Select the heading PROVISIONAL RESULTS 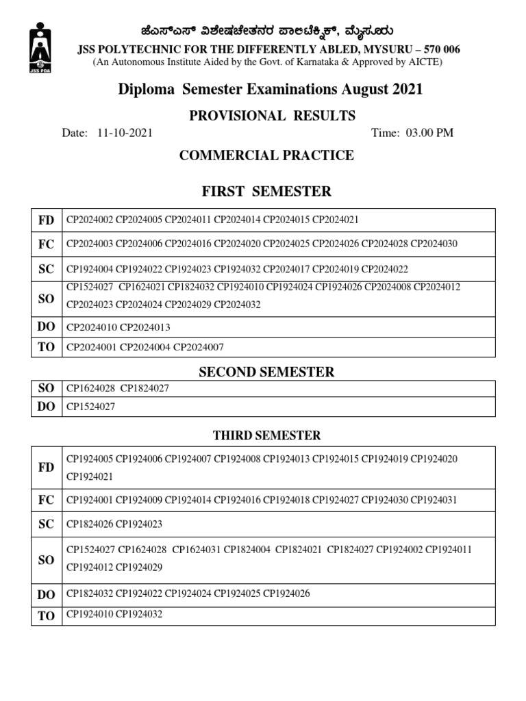point(272,116)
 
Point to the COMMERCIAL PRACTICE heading point(266,155)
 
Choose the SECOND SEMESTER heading point(266,372)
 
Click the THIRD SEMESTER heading point(266,435)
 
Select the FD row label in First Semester point(46,220)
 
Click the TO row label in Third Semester point(46,615)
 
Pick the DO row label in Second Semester point(46,407)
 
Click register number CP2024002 point(90,220)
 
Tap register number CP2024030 point(434,244)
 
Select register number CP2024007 point(199,347)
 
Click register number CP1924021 point(90,476)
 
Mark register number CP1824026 point(90,524)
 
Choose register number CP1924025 point(237,594)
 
